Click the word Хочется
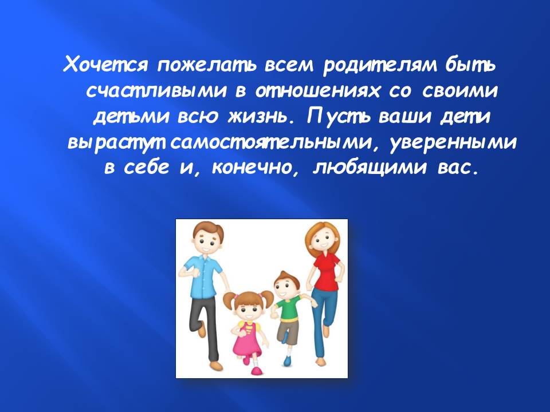105,65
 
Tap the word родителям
379,65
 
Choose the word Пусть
339,117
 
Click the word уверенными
453,142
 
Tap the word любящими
370,168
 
